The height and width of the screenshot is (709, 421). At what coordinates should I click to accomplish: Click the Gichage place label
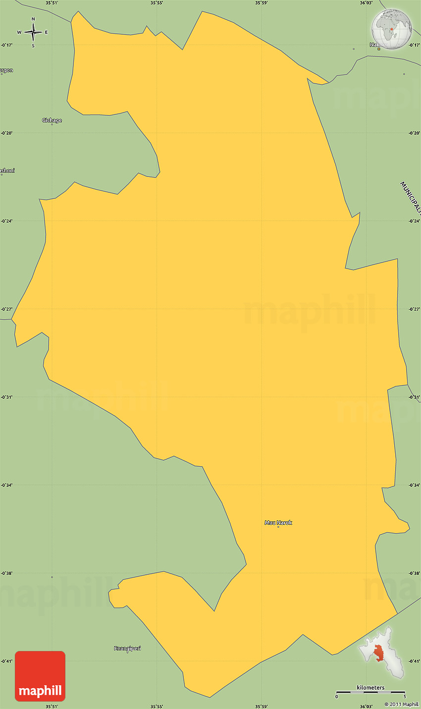[x=52, y=120]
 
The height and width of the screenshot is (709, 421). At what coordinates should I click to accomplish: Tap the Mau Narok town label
[x=278, y=523]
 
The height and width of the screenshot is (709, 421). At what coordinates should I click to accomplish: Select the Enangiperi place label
[x=127, y=648]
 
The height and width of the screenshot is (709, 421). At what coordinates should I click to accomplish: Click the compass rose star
[x=33, y=32]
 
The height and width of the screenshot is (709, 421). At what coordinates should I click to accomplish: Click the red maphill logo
[x=40, y=676]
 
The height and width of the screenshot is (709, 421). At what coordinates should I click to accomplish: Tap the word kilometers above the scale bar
[x=370, y=688]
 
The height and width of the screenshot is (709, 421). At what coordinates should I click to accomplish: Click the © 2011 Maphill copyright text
[x=401, y=705]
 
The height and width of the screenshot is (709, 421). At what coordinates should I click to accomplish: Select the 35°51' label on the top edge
[x=52, y=3]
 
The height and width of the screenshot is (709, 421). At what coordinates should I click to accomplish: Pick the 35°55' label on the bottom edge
[x=157, y=706]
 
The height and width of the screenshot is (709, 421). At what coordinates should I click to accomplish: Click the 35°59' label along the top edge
[x=262, y=3]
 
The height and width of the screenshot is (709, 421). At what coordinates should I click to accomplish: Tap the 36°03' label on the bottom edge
[x=366, y=706]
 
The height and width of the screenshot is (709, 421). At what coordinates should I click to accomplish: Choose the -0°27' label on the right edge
[x=414, y=309]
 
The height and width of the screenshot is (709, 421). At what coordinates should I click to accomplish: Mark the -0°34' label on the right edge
[x=414, y=485]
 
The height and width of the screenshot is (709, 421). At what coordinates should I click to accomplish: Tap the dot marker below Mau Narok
[x=278, y=527]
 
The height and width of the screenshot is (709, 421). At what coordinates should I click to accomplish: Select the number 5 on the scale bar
[x=405, y=697]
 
